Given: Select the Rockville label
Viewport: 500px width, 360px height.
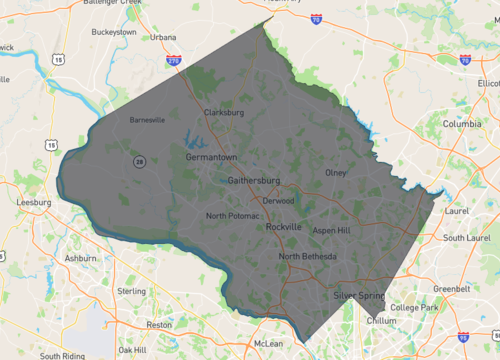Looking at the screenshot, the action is (284, 227).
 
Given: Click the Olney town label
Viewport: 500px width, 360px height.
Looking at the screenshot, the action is (336, 172).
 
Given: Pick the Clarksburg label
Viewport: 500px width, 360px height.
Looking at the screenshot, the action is (224, 113).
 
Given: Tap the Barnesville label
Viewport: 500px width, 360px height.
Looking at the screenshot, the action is (146, 120).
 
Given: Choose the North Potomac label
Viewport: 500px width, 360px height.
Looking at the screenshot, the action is (232, 216).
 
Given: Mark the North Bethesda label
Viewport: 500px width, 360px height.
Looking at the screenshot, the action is (308, 257).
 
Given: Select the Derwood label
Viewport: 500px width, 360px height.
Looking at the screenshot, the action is (278, 200).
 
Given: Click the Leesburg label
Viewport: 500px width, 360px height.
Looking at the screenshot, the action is (35, 202).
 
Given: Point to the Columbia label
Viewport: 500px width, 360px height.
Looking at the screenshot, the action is (462, 124).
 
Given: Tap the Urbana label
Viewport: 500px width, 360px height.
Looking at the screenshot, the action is (163, 37).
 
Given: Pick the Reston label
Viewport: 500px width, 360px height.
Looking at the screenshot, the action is (159, 325).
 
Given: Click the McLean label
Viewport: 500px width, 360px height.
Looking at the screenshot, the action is (269, 343).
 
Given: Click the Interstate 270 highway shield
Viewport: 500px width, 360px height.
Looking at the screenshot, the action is (173, 60).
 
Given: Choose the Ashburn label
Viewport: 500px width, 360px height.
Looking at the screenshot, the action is (81, 257).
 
